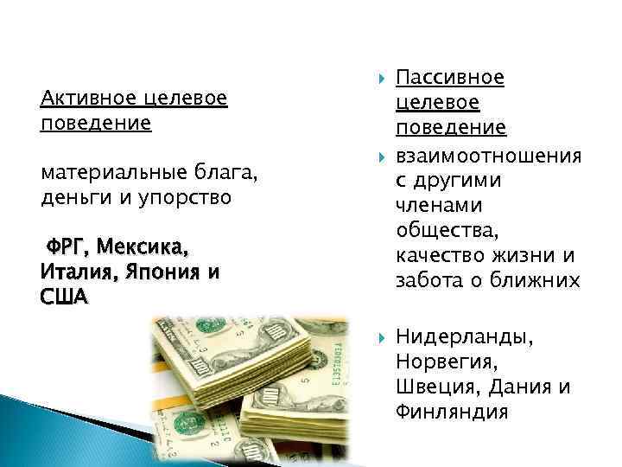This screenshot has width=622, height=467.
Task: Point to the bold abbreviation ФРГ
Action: [67, 248]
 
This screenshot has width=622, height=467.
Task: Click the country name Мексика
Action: [141, 248]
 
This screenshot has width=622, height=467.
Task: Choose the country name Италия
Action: [72, 272]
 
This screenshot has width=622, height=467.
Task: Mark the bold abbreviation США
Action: [63, 297]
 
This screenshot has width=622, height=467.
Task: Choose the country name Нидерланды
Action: [465, 337]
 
